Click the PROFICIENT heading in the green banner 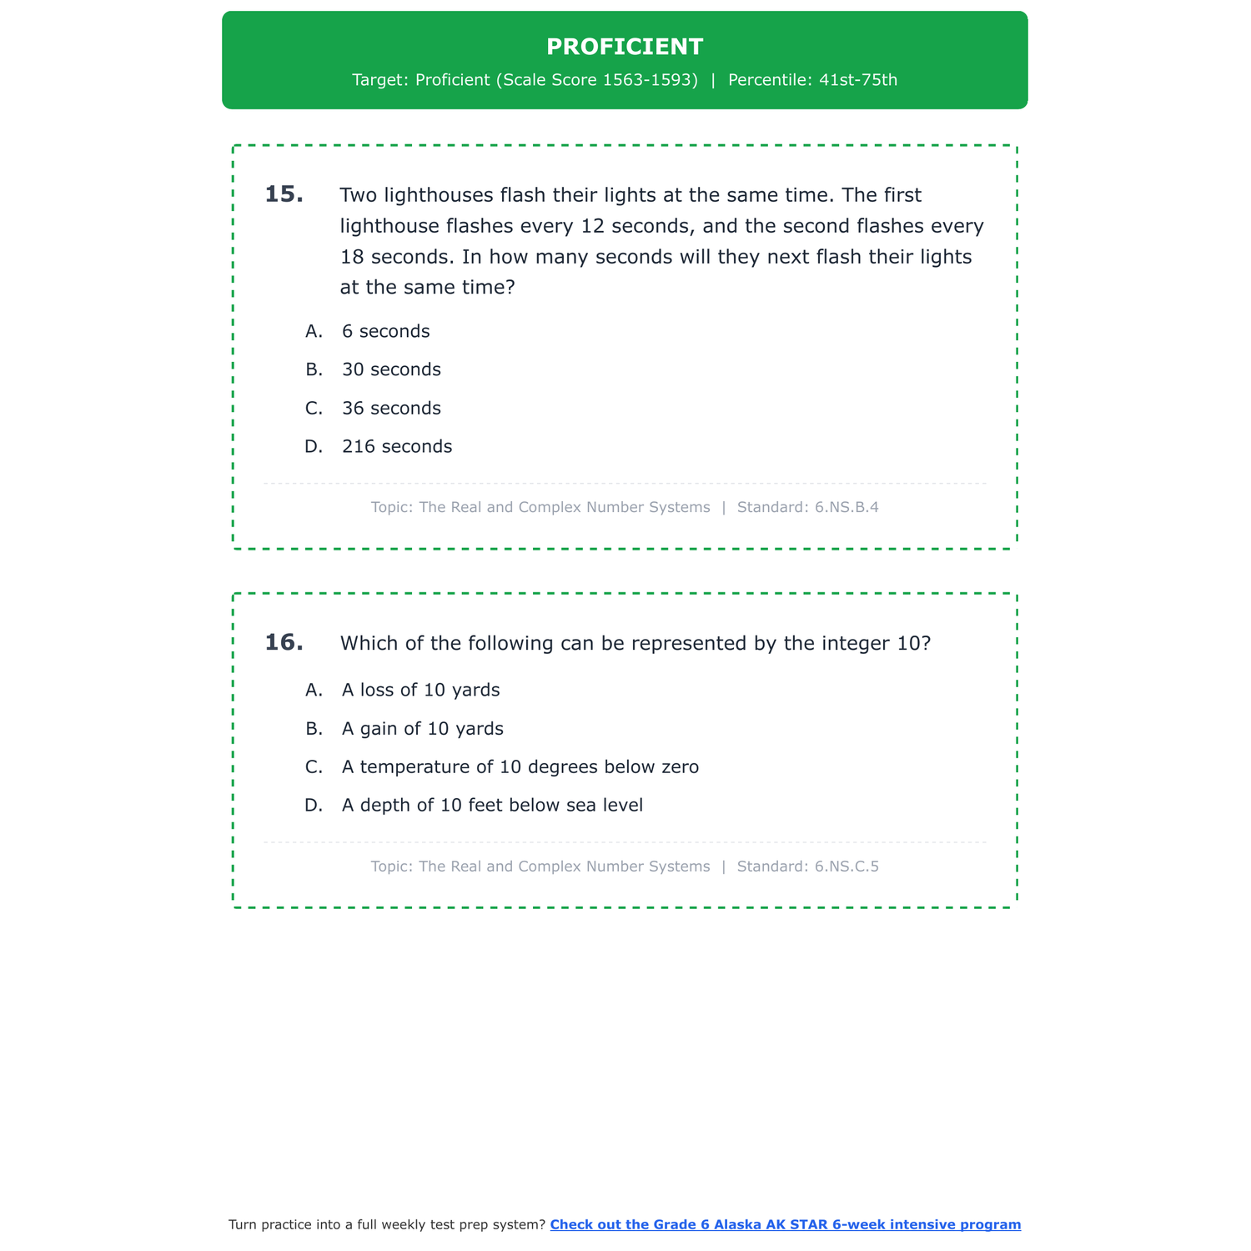tap(625, 47)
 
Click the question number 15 tap(284, 194)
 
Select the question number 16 tap(284, 642)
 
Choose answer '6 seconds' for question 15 tap(385, 331)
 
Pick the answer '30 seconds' tap(391, 369)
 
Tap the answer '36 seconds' tap(391, 408)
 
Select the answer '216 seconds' tap(397, 446)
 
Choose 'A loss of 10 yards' tap(420, 690)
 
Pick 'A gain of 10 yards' tap(422, 728)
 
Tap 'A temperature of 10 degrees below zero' tap(520, 766)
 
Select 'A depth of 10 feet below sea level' tap(492, 805)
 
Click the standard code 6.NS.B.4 tap(847, 507)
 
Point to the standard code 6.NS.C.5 tap(847, 867)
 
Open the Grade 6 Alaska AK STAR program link tap(785, 1224)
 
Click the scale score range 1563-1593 tap(650, 80)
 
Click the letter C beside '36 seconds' tap(314, 408)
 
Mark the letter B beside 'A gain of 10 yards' tap(314, 728)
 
